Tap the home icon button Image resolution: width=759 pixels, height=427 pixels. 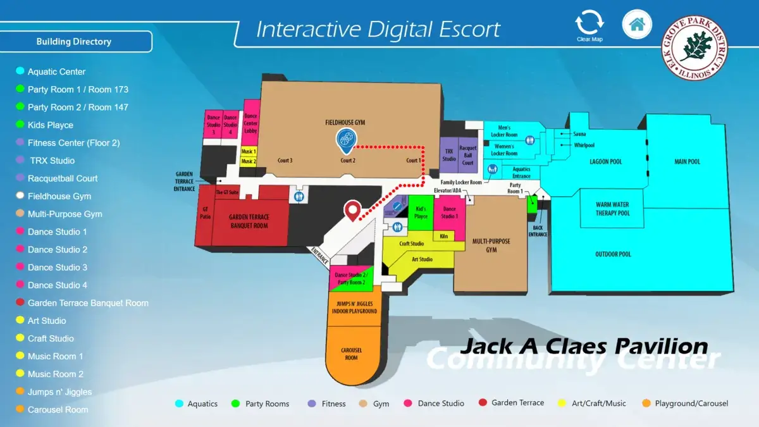pyautogui.click(x=637, y=25)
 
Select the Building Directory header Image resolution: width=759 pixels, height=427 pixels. pyautogui.click(x=74, y=42)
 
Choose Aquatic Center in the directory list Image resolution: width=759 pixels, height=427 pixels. pyautogui.click(x=56, y=72)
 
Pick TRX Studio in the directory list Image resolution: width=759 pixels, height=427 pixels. pyautogui.click(x=52, y=161)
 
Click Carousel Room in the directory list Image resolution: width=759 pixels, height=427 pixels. pyautogui.click(x=58, y=410)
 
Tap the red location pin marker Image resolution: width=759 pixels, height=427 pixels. pyautogui.click(x=352, y=210)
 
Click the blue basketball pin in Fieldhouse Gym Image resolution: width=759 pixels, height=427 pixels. pyautogui.click(x=345, y=140)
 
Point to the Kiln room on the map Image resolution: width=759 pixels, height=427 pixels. pyautogui.click(x=444, y=236)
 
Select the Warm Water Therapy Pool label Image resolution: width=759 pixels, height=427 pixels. pyautogui.click(x=612, y=209)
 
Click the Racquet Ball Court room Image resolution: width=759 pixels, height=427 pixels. pyautogui.click(x=468, y=155)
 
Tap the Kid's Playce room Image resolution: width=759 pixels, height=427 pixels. pyautogui.click(x=421, y=213)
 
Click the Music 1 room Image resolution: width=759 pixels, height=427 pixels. pyautogui.click(x=249, y=152)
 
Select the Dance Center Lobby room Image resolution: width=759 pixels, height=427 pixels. pyautogui.click(x=251, y=123)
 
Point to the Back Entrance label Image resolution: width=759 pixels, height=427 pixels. pyautogui.click(x=538, y=231)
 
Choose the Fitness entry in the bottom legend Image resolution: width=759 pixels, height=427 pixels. pyautogui.click(x=333, y=404)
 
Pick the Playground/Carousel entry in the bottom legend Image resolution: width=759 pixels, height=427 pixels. pyautogui.click(x=691, y=404)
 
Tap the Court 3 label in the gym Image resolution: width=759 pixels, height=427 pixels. pyautogui.click(x=285, y=161)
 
